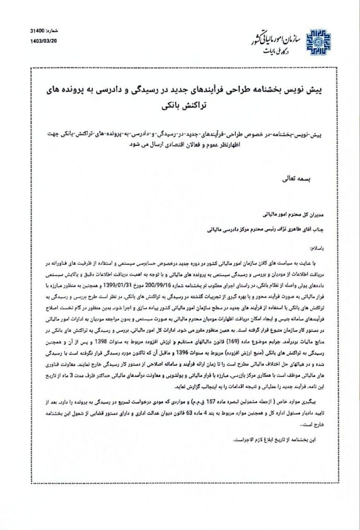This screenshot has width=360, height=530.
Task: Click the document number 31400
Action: coord(37,31)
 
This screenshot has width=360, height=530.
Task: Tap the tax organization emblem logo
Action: coord(318,42)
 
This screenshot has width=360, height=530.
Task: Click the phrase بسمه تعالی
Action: coord(292,179)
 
